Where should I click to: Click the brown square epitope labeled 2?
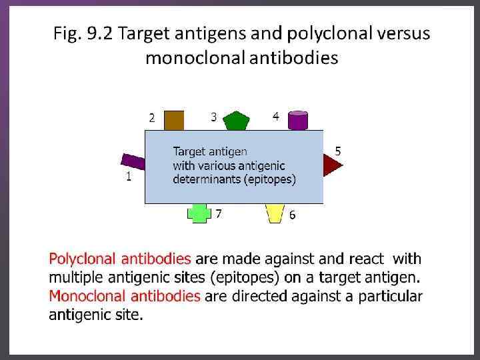click(x=173, y=121)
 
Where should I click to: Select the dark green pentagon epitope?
click(x=235, y=121)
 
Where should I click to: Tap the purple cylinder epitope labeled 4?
click(x=297, y=121)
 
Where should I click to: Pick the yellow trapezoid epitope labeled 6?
click(x=274, y=213)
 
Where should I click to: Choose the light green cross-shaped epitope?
click(x=199, y=213)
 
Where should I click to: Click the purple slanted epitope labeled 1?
click(x=133, y=161)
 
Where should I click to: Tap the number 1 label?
click(x=129, y=177)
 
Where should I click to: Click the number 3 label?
click(x=213, y=117)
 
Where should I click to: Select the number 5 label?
click(x=338, y=151)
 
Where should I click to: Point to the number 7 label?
click(x=218, y=214)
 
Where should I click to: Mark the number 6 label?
click(x=292, y=215)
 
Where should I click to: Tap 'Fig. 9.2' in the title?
click(x=80, y=33)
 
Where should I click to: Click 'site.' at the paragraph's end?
click(x=129, y=315)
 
